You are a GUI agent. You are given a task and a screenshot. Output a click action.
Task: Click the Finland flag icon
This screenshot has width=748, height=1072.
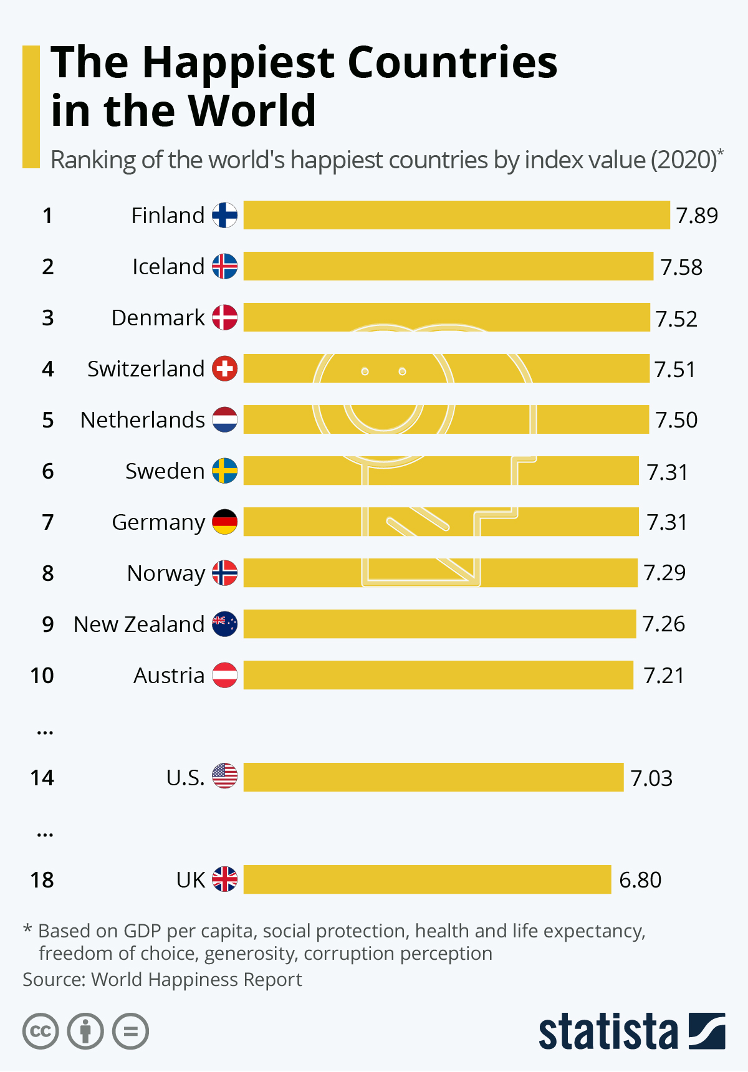point(224,215)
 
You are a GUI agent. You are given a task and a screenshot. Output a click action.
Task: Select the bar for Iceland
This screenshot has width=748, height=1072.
point(448,266)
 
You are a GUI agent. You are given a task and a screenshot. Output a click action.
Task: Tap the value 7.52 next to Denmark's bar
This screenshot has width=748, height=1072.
point(676,318)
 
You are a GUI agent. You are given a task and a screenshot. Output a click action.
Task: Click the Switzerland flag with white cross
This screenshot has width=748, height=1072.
point(224,368)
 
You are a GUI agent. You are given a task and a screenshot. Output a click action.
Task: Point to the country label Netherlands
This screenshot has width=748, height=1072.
point(143,420)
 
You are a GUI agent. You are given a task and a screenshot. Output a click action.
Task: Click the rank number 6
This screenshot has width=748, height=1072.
point(48,471)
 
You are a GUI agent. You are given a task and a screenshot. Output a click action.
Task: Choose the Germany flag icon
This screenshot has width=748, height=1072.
point(224,522)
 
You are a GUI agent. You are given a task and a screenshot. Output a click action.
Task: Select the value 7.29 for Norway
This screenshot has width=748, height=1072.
point(664,572)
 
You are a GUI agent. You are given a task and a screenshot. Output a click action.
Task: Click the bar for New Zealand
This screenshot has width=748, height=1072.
point(439,624)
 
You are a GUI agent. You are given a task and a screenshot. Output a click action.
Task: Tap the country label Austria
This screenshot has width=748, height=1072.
point(169,676)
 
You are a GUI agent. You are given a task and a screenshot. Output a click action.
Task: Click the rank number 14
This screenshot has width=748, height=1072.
point(42,778)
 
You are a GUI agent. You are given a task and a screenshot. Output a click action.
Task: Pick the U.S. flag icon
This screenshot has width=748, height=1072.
point(224,776)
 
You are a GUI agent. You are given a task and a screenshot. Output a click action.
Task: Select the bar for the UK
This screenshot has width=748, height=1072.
point(427,879)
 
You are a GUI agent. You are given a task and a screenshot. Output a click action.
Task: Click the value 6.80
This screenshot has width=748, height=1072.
point(640,880)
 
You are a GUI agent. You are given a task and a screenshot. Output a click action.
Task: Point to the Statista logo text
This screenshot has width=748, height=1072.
point(608,1032)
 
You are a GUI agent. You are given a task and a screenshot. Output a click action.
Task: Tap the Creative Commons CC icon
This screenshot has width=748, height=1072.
point(41,1031)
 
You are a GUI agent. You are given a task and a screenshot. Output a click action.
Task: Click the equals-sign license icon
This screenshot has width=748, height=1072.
point(130,1031)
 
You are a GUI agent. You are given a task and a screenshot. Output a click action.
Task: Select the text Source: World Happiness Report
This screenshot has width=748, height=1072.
point(162,980)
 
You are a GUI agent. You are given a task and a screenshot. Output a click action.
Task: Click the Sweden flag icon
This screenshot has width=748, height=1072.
point(224,471)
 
